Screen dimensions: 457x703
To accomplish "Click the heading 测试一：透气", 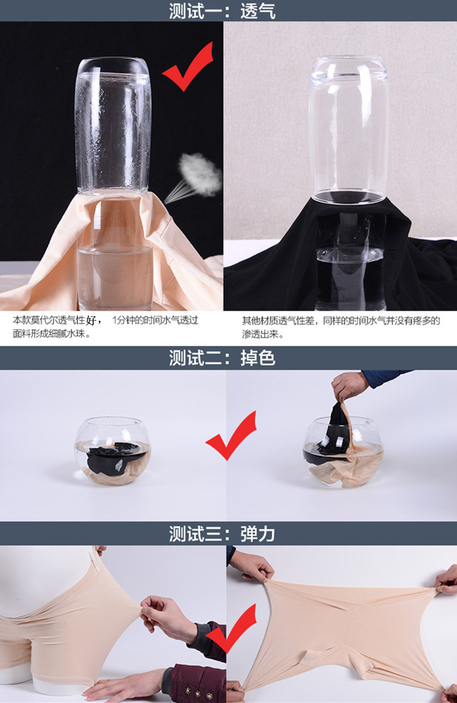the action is [222, 11].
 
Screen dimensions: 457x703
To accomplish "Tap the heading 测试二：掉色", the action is [222, 358].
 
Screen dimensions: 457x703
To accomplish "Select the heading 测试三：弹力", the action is [222, 534].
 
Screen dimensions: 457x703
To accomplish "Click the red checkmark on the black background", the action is [188, 67].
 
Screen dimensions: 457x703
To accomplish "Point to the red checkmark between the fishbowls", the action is [231, 436].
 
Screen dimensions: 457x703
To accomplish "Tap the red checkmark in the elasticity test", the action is [231, 629].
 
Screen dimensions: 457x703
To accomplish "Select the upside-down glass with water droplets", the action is [113, 125].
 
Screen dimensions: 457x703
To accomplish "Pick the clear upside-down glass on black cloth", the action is [349, 129].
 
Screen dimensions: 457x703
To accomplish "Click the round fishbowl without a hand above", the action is [112, 451].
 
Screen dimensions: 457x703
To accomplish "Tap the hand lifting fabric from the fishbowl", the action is [349, 386].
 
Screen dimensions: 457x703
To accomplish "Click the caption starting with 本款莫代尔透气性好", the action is [105, 327].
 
